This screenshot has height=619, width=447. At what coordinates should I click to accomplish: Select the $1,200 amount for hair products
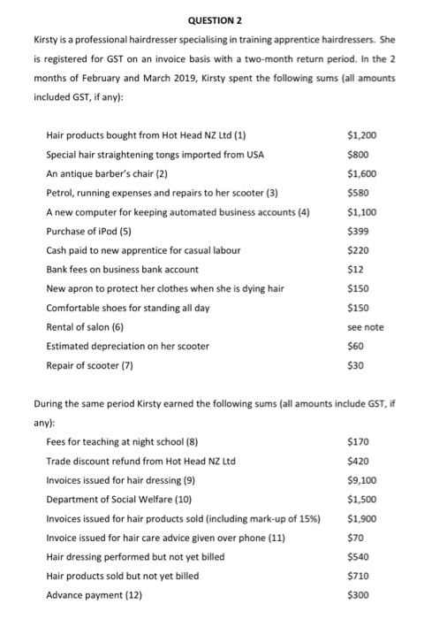363,135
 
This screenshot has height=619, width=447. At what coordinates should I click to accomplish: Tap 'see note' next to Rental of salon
367,327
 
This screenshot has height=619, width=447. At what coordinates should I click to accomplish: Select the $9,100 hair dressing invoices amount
363,480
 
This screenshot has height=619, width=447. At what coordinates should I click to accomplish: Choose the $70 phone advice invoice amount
357,538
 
